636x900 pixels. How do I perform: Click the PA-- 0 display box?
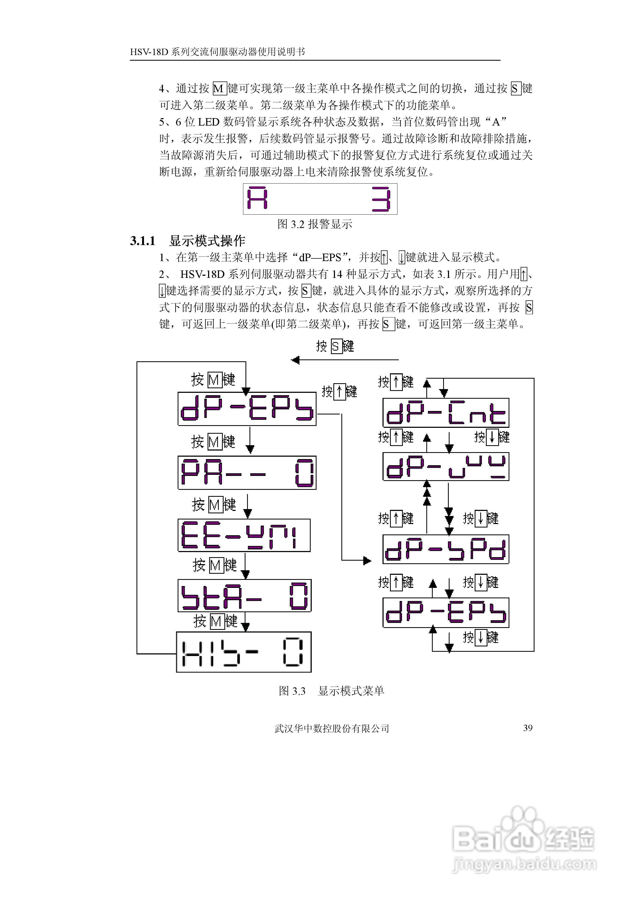(x=247, y=472)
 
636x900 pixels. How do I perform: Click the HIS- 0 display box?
(x=244, y=652)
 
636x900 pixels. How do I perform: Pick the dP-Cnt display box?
(x=446, y=413)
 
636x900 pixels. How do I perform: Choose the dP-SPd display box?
(x=446, y=549)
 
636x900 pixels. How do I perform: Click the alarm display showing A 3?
(x=320, y=199)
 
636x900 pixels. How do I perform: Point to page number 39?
(x=528, y=728)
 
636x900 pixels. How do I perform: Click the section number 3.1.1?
(x=143, y=241)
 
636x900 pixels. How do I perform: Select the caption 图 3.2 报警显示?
(x=315, y=224)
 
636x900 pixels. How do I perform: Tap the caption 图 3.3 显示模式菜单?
(x=331, y=691)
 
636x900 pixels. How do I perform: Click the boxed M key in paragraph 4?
(x=219, y=89)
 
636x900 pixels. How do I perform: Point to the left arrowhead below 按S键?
(x=295, y=360)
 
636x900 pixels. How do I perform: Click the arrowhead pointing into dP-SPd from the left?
(x=368, y=561)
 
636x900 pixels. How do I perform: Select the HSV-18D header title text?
(x=217, y=52)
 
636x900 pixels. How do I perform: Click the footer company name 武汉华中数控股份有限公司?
(x=331, y=728)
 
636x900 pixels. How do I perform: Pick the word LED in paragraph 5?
(x=208, y=122)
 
